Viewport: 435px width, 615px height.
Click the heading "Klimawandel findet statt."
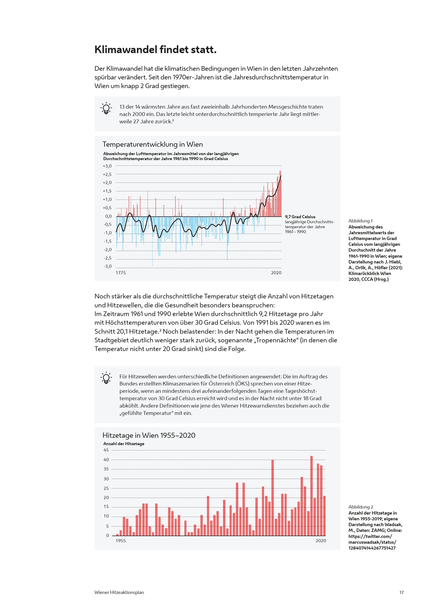click(155, 50)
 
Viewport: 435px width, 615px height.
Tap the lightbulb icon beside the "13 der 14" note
click(106, 108)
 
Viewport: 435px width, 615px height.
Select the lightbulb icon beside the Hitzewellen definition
click(106, 378)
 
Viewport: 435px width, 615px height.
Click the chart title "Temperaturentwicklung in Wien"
click(153, 144)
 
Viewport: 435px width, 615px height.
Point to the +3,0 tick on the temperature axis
click(107, 166)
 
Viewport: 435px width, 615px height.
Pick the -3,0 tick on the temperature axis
click(107, 266)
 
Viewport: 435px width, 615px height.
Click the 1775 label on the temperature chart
click(120, 273)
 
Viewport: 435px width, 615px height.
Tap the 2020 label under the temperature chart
click(276, 273)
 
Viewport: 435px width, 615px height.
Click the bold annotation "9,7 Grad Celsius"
click(300, 217)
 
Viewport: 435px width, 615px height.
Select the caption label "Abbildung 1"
click(360, 221)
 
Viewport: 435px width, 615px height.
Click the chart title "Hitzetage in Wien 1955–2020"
click(149, 435)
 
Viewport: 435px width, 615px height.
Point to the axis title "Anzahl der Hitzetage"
click(124, 444)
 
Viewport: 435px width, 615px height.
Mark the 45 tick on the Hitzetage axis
click(106, 450)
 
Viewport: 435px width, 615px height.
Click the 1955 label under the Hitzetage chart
click(120, 541)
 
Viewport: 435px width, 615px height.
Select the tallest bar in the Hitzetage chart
click(311, 496)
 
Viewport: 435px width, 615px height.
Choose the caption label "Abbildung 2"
click(361, 507)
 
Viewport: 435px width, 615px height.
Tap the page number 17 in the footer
click(401, 592)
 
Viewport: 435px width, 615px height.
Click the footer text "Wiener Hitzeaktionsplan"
click(119, 592)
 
